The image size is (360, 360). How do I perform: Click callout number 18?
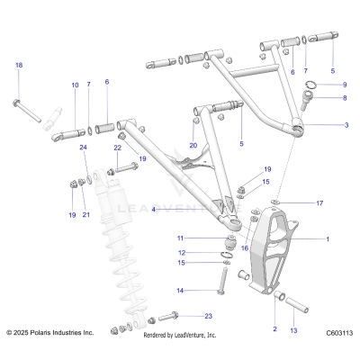(19, 65)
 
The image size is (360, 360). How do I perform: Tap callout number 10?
(75, 85)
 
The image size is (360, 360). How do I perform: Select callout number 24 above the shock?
(83, 147)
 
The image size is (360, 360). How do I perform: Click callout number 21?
(86, 214)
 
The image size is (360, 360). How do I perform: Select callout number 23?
(208, 316)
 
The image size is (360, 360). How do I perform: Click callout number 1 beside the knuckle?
(327, 239)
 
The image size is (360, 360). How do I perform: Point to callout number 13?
(292, 330)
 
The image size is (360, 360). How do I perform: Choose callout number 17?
(319, 204)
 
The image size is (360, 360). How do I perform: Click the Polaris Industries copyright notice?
(50, 333)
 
